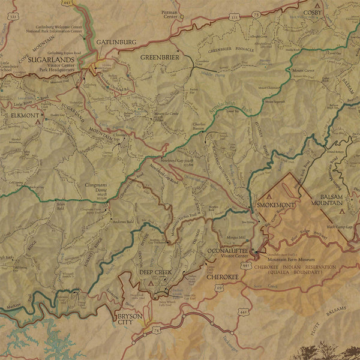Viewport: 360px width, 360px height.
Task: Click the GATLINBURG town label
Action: (x=116, y=42)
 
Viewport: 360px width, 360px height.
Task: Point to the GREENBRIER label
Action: (x=160, y=57)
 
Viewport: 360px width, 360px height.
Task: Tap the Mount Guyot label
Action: (x=303, y=71)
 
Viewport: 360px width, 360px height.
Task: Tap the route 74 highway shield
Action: (x=157, y=330)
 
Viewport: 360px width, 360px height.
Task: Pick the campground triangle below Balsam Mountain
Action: (x=341, y=211)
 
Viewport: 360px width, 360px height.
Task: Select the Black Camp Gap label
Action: (x=340, y=227)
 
